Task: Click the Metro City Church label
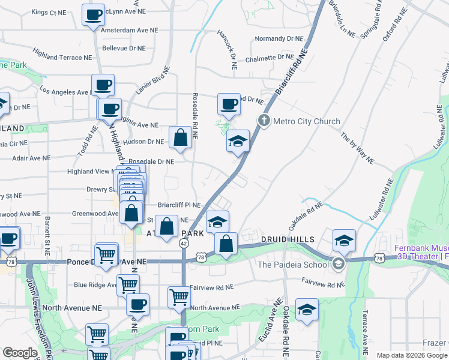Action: [306, 121]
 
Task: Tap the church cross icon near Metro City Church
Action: [263, 121]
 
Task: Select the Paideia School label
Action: [294, 265]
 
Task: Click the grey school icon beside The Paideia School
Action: [339, 264]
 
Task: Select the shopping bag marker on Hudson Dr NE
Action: [180, 139]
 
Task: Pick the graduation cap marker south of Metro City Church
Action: [238, 142]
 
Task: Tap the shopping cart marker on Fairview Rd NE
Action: [179, 296]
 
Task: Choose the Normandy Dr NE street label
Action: [279, 38]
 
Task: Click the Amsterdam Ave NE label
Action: [124, 29]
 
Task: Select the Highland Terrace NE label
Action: [62, 57]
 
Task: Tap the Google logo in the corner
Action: [20, 353]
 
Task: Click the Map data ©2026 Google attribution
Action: [411, 355]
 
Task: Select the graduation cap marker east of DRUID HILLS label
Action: [343, 241]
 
